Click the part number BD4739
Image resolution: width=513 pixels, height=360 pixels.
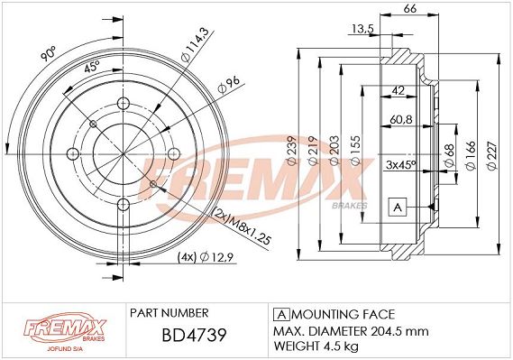[194, 335]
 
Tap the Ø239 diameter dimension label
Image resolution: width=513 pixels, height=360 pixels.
[291, 150]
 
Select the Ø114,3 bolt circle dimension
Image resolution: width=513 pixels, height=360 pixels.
[195, 44]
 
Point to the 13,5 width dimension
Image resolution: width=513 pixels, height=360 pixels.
[362, 29]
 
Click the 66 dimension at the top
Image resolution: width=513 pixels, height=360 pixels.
[410, 8]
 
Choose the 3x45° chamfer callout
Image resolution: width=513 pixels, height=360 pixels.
[400, 164]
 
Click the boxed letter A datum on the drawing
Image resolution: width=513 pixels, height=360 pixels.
[398, 207]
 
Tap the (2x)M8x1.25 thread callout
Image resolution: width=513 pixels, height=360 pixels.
[242, 226]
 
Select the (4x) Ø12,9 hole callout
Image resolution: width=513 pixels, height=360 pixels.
[206, 257]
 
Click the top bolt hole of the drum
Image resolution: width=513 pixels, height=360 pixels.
[123, 104]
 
